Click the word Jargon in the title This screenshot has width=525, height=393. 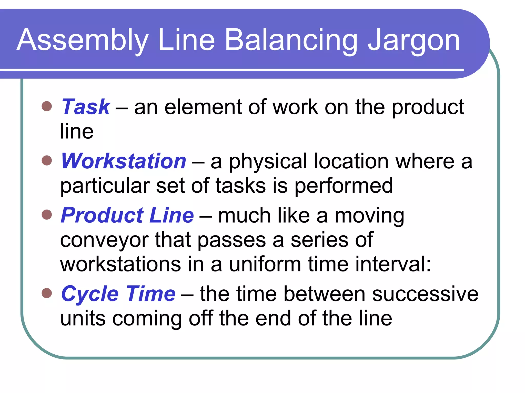[x=414, y=41]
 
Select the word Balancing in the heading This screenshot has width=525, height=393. [x=291, y=41]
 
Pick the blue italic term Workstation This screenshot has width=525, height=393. [x=124, y=161]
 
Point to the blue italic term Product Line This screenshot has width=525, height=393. [x=127, y=215]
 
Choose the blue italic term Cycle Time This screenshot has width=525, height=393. [x=118, y=294]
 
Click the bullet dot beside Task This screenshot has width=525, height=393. [x=47, y=106]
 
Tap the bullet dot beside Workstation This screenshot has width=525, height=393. [x=47, y=160]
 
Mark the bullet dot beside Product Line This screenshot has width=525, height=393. [x=47, y=214]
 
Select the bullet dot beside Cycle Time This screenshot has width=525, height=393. [x=47, y=293]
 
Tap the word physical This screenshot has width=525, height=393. [x=268, y=162]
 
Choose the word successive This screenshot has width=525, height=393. [x=425, y=294]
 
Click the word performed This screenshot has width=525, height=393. [x=344, y=186]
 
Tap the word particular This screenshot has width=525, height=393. [x=105, y=186]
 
